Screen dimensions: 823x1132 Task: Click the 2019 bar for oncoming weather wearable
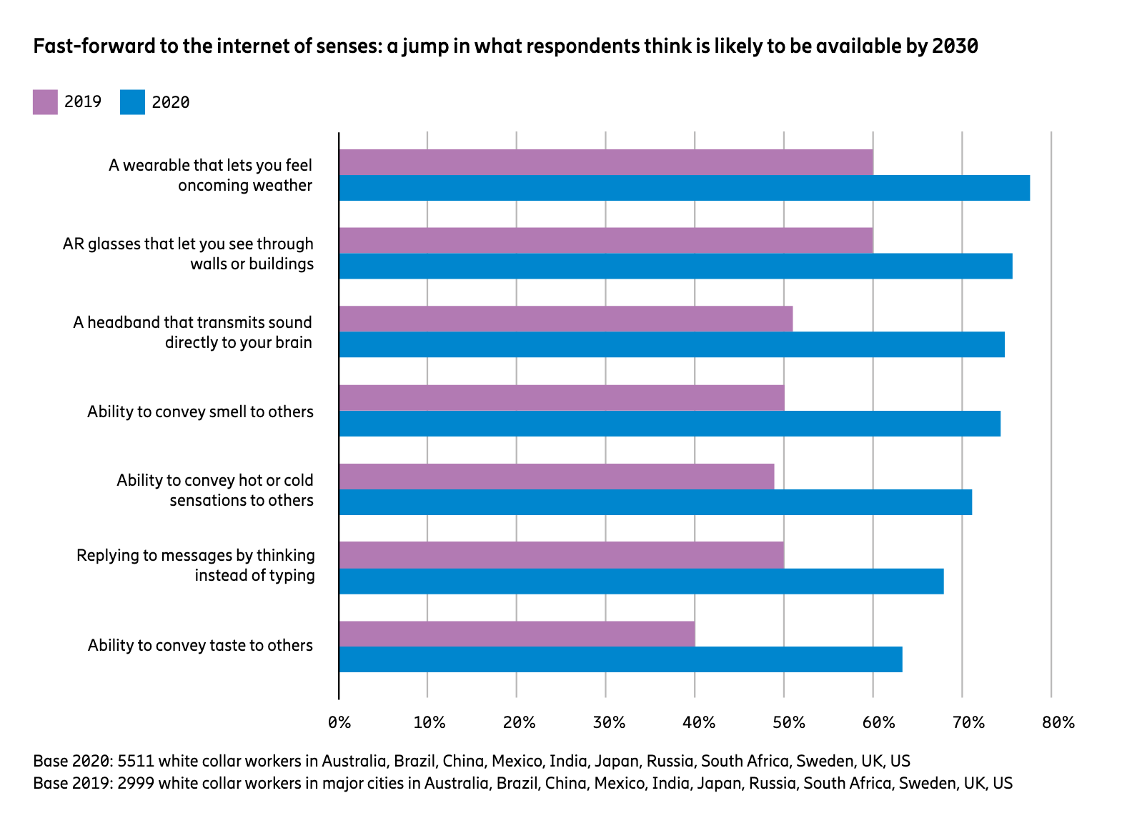pos(605,162)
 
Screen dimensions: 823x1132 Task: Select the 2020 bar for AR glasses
pos(675,266)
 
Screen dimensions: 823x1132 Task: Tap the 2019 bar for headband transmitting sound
pos(565,319)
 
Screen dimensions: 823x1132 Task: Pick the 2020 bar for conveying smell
pos(670,423)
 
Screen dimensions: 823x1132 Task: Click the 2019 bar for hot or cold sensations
pos(556,477)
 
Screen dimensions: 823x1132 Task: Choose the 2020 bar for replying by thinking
pos(641,581)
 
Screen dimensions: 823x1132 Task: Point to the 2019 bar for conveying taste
pos(517,634)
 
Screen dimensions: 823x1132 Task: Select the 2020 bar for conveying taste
pos(620,659)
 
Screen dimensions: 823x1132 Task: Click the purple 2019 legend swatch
pos(45,101)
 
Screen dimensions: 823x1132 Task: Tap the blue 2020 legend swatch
pos(132,101)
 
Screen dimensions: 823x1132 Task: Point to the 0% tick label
pos(339,722)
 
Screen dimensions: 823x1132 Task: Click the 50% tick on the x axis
pos(788,722)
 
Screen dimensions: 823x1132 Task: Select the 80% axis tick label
pos(1058,722)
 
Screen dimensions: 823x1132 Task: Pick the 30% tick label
pos(609,722)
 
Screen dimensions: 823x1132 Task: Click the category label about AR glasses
pos(188,254)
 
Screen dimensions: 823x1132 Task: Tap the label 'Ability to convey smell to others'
pos(200,411)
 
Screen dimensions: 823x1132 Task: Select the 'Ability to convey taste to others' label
pos(200,645)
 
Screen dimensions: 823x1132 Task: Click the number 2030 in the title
pos(955,46)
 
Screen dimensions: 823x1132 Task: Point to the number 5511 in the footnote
pos(135,760)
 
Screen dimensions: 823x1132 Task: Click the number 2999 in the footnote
pos(135,783)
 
